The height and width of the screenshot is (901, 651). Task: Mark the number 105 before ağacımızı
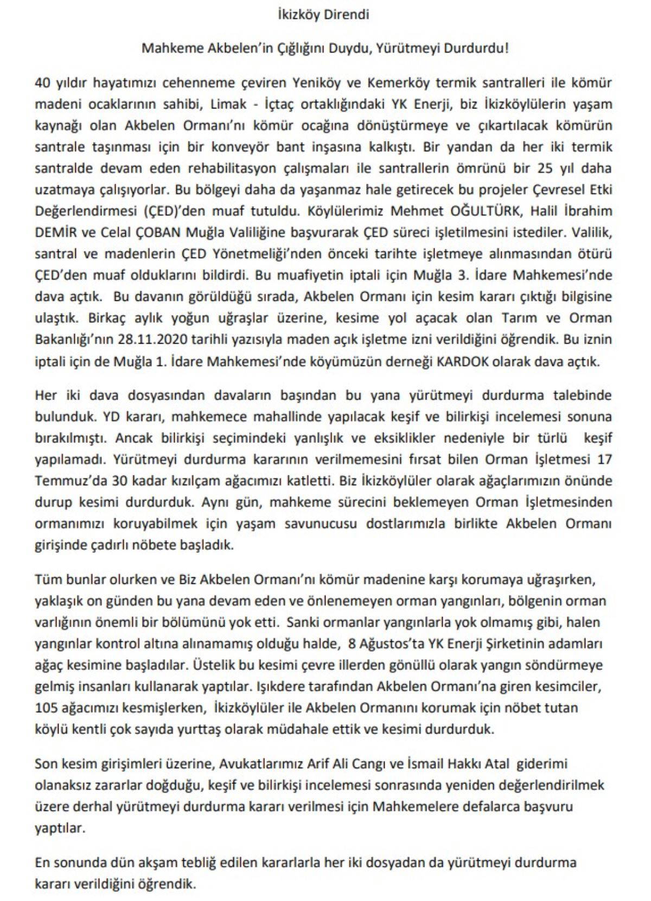tap(46, 707)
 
